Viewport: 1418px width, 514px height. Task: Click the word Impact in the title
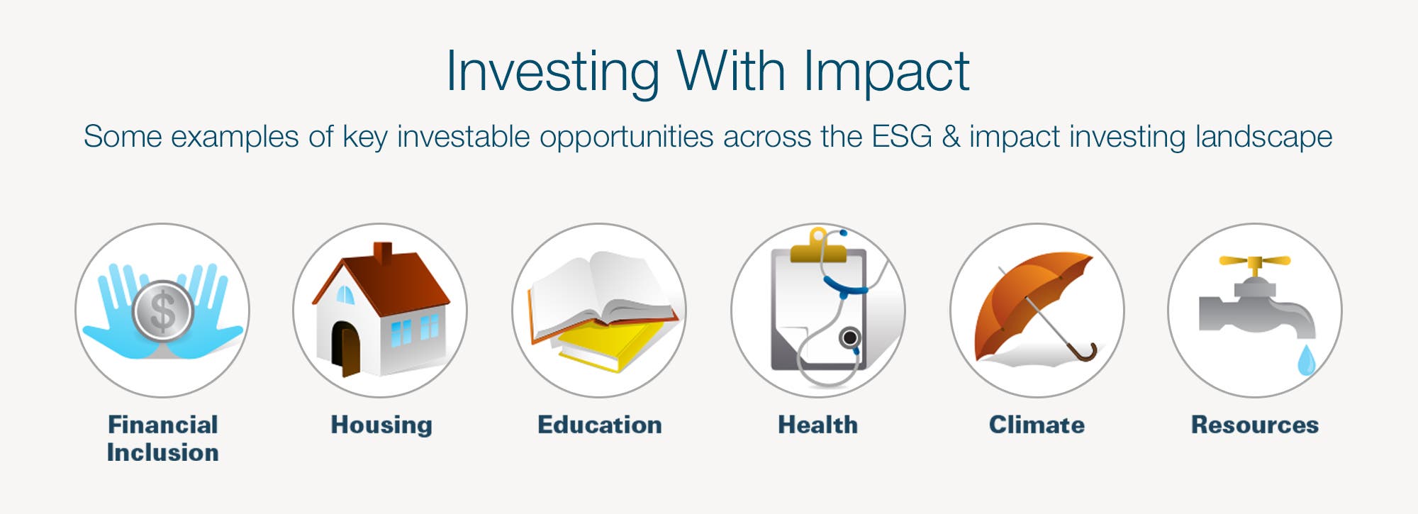click(x=886, y=72)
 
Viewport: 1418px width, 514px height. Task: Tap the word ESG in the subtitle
click(x=902, y=136)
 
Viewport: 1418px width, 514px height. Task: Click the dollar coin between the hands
click(x=163, y=311)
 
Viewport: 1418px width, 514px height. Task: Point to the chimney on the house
click(x=383, y=253)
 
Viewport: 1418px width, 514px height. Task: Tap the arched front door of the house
click(x=347, y=349)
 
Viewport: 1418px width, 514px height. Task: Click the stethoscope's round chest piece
click(x=849, y=337)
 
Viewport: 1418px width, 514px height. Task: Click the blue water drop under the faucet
click(x=1306, y=360)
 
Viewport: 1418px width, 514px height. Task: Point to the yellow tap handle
click(x=1254, y=262)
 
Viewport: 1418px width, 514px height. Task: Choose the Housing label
click(x=381, y=425)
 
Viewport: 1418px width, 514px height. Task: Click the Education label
click(x=600, y=425)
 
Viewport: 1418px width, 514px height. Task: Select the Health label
click(x=818, y=425)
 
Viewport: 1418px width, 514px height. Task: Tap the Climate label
click(x=1037, y=425)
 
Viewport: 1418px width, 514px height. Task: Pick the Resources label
click(x=1255, y=425)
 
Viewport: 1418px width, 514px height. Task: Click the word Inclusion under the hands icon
click(x=163, y=452)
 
